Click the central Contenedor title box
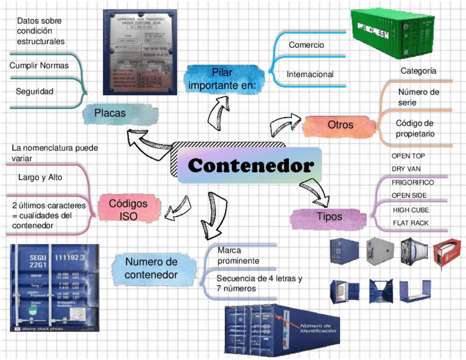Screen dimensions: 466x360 tap(251, 165)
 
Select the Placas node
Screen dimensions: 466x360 tap(110, 113)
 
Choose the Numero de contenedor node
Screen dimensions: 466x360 tap(151, 268)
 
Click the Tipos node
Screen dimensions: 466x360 tap(329, 217)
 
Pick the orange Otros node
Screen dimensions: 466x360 tap(340, 125)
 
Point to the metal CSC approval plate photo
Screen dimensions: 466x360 tap(142, 51)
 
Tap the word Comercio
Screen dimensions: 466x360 tap(306, 45)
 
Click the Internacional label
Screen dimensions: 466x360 tap(310, 74)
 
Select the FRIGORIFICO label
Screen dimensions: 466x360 tap(413, 182)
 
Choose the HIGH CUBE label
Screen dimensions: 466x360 tap(411, 210)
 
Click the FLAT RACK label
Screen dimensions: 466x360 tap(410, 223)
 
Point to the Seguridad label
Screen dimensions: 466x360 tap(35, 92)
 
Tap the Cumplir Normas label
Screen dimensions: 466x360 tap(39, 65)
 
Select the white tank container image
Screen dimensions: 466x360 tap(414, 252)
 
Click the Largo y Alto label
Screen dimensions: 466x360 tap(40, 178)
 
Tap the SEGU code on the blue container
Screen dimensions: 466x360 tap(38, 258)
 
